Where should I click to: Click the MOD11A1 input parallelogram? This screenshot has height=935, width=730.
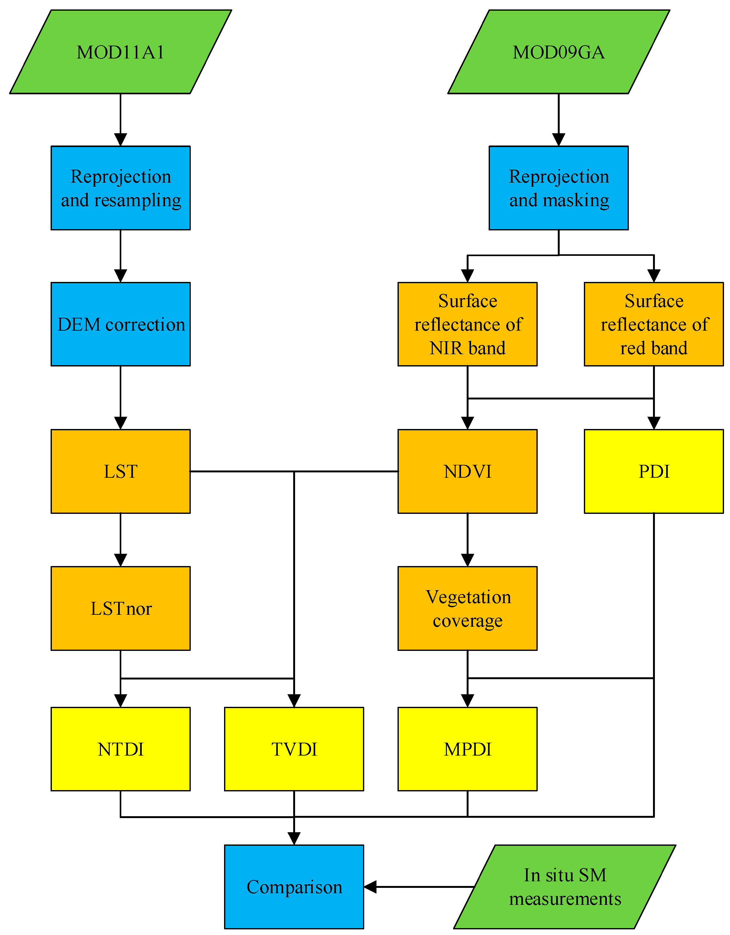tap(120, 52)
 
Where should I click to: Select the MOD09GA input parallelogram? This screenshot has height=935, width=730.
tap(558, 52)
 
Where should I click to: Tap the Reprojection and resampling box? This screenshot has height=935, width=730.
tap(120, 188)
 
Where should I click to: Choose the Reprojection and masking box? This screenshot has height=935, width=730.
tap(558, 188)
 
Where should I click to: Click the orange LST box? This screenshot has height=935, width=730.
tap(120, 471)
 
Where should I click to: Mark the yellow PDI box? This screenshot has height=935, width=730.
tap(653, 471)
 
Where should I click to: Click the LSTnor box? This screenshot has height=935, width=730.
tap(120, 608)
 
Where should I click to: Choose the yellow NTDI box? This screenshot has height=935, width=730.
tap(120, 749)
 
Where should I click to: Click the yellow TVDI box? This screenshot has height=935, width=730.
tap(294, 749)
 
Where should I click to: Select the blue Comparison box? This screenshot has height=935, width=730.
tap(294, 887)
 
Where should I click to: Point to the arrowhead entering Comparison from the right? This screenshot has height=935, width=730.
tap(370, 887)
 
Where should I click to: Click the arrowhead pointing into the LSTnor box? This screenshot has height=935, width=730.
tap(120, 560)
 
